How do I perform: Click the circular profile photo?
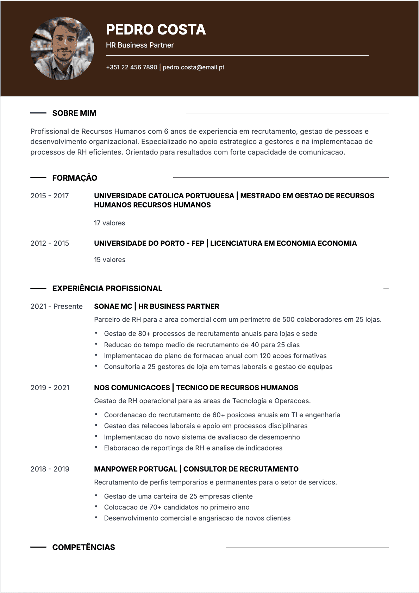pyautogui.click(x=62, y=49)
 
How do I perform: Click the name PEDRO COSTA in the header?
pyautogui.click(x=156, y=30)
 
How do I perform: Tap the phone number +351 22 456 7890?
pyautogui.click(x=131, y=67)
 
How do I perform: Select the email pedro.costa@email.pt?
pyautogui.click(x=193, y=67)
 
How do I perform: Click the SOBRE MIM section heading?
pyautogui.click(x=74, y=113)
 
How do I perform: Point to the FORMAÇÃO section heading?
pyautogui.click(x=75, y=178)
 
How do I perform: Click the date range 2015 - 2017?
pyautogui.click(x=50, y=196)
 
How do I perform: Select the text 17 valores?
pyautogui.click(x=110, y=223)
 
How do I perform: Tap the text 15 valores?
pyautogui.click(x=110, y=260)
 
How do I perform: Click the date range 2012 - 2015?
pyautogui.click(x=50, y=243)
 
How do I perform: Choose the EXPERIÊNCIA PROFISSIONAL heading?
pyautogui.click(x=107, y=289)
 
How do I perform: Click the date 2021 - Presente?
pyautogui.click(x=56, y=306)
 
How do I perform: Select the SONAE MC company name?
pyautogui.click(x=113, y=306)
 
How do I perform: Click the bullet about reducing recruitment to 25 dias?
pyautogui.click(x=202, y=345)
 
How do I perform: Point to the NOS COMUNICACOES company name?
pyautogui.click(x=132, y=388)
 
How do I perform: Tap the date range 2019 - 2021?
pyautogui.click(x=50, y=388)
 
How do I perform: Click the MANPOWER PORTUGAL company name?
pyautogui.click(x=136, y=469)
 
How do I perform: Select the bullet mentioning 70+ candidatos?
pyautogui.click(x=177, y=507)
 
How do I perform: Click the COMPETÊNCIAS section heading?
pyautogui.click(x=84, y=548)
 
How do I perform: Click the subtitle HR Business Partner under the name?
pyautogui.click(x=140, y=45)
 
